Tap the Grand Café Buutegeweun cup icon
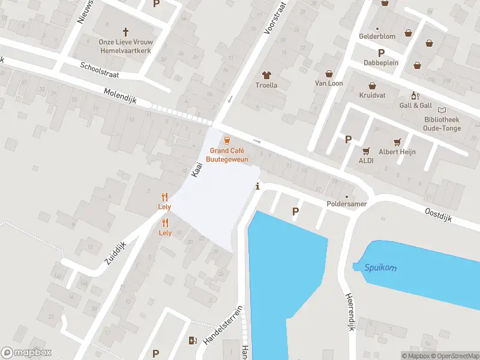pos(227,140)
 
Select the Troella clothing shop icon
pos(267,76)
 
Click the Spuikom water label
pos(380,268)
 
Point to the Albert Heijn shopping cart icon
pos(397,142)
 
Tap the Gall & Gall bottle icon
pos(413,95)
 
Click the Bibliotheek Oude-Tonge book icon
pos(442,110)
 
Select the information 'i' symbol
pos(257,186)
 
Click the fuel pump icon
pos(192,341)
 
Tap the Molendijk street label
pos(121,95)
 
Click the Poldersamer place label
pos(346,204)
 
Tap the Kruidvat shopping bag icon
pos(372,85)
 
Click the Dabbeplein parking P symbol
pos(380,53)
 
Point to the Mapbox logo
pos(26,353)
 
